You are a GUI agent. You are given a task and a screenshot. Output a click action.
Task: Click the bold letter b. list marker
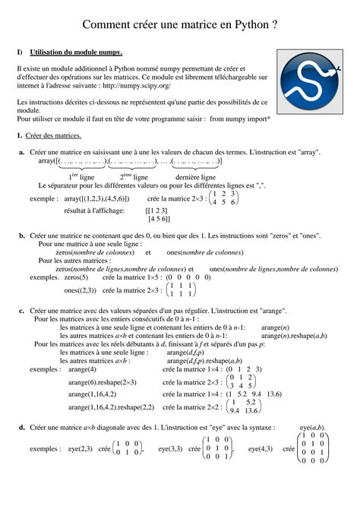pos(22,236)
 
